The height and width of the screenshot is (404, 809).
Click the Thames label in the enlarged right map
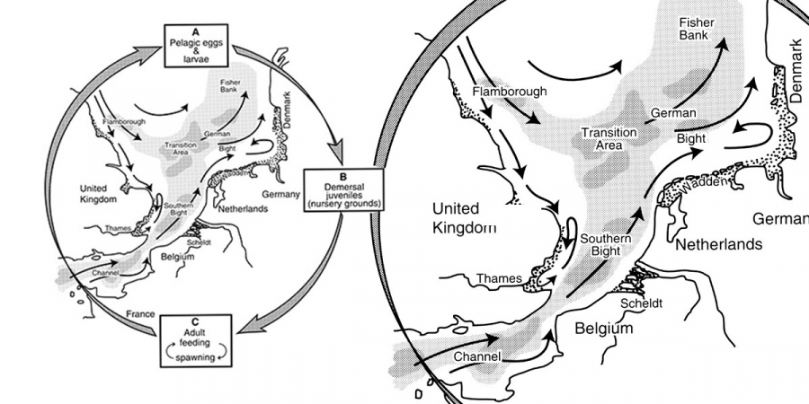pyautogui.click(x=499, y=278)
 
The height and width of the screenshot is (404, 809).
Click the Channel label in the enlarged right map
pyautogui.click(x=476, y=357)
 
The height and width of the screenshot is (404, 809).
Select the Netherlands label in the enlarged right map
pyautogui.click(x=719, y=244)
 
